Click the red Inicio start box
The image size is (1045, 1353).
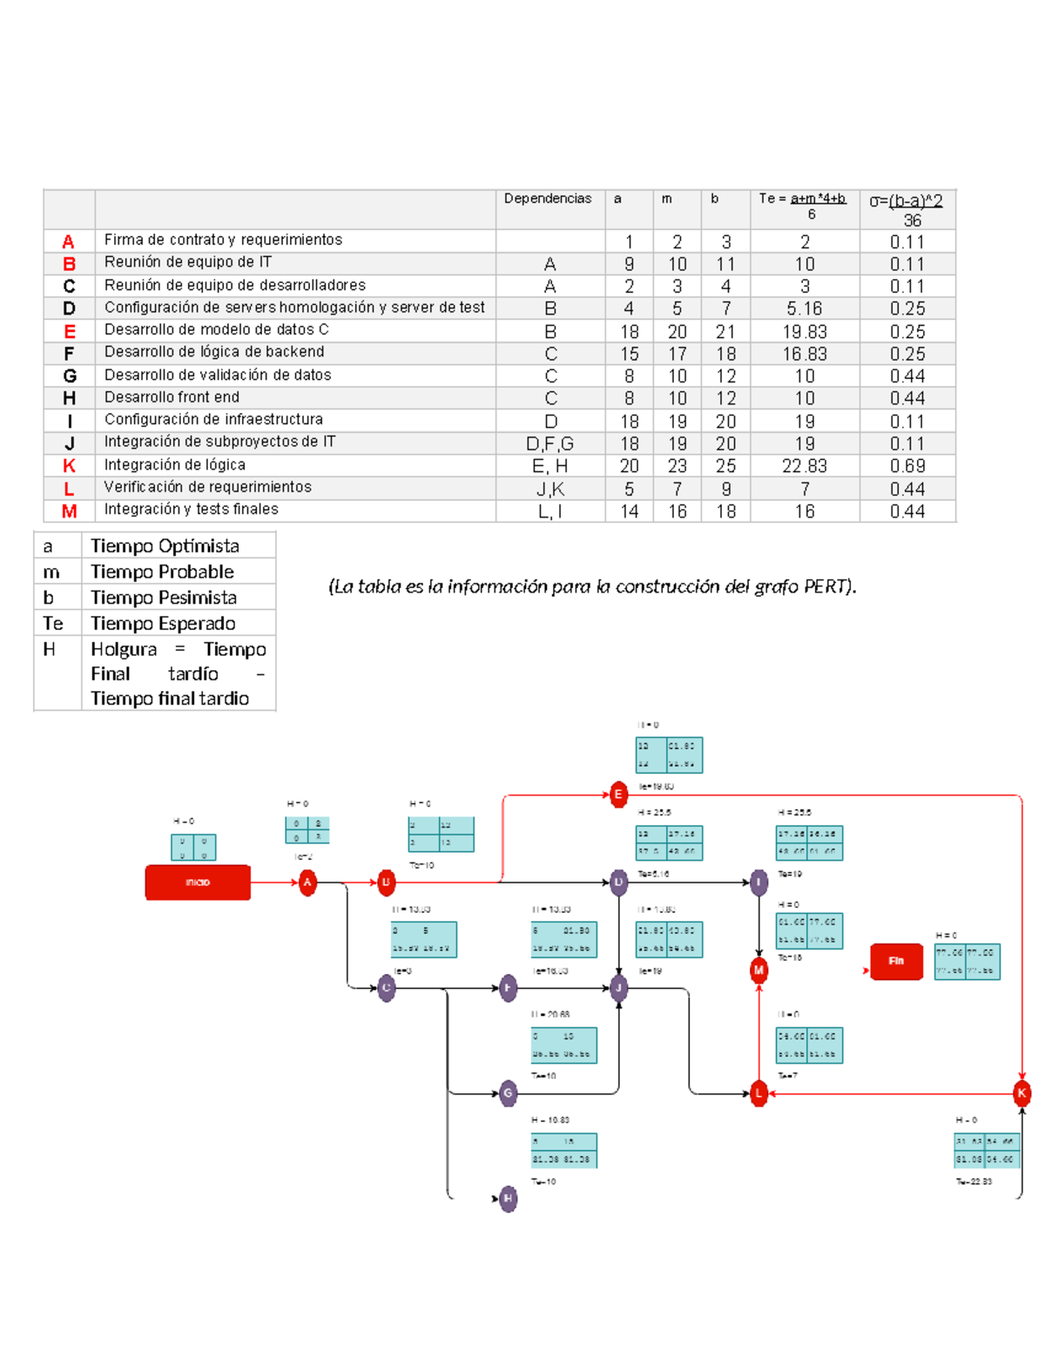(198, 883)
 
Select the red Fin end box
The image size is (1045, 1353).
(896, 961)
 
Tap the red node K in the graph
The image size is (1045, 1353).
(1021, 1093)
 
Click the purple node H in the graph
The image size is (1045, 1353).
(509, 1199)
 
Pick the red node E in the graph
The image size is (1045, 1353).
(618, 795)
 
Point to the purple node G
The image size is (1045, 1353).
(509, 1093)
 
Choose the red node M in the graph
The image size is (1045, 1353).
(758, 970)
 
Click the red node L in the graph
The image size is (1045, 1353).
(758, 1093)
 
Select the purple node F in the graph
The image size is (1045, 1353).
(509, 988)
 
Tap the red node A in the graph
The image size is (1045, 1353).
(307, 883)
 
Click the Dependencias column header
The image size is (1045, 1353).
(548, 199)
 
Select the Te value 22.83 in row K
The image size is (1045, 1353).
(804, 467)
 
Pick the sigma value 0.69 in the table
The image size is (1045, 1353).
(907, 467)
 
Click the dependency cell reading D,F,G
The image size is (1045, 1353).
(549, 444)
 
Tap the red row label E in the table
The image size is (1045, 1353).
(69, 332)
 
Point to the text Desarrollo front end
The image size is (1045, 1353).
(172, 397)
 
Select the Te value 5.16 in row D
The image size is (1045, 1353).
(804, 309)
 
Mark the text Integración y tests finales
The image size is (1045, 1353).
(191, 510)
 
